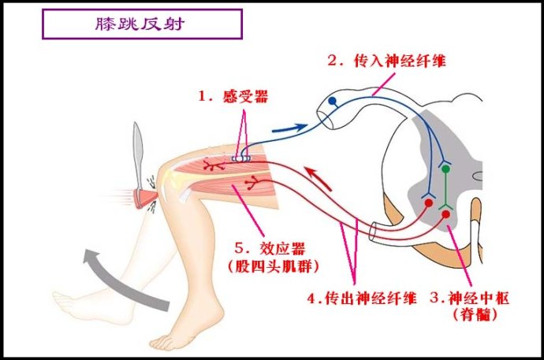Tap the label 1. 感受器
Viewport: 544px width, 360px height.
(233, 96)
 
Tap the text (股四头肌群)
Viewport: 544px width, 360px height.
(276, 265)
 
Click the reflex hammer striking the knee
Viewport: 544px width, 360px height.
(140, 169)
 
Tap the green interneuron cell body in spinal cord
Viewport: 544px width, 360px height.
(445, 168)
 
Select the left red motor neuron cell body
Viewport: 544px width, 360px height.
(428, 203)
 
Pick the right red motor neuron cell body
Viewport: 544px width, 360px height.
(446, 213)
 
